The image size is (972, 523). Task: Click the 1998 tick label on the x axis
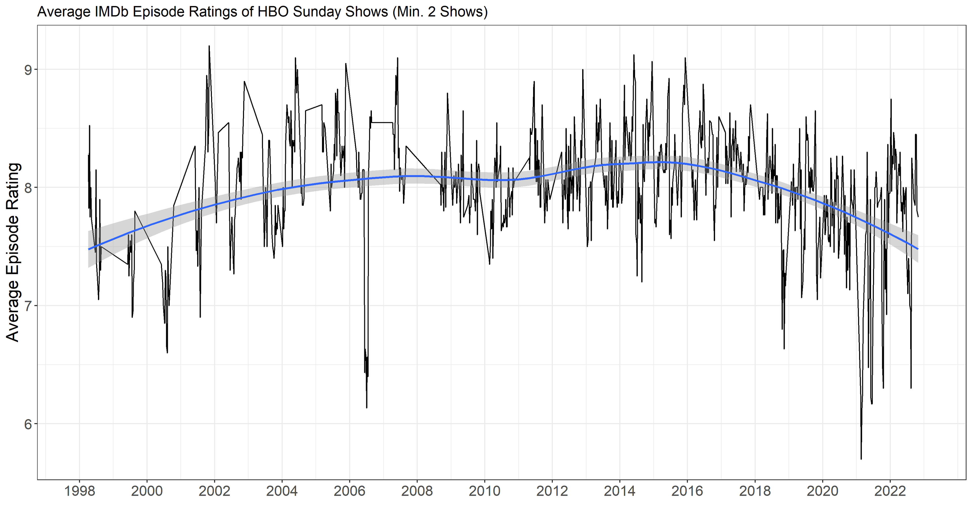[79, 491]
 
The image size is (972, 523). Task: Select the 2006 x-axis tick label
[349, 491]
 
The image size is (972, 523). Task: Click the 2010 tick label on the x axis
[484, 491]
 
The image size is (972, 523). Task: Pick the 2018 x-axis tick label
[755, 491]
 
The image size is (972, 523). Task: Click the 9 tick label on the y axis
[28, 70]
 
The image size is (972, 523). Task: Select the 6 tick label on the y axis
[28, 424]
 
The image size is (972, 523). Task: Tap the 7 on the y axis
[28, 306]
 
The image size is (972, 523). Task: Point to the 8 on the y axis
[28, 188]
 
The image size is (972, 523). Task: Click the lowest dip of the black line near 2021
[861, 459]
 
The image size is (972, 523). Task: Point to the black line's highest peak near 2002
[209, 46]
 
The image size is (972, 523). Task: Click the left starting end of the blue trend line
[89, 249]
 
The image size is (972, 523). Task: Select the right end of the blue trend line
[918, 249]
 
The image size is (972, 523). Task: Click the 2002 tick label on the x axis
[214, 491]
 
